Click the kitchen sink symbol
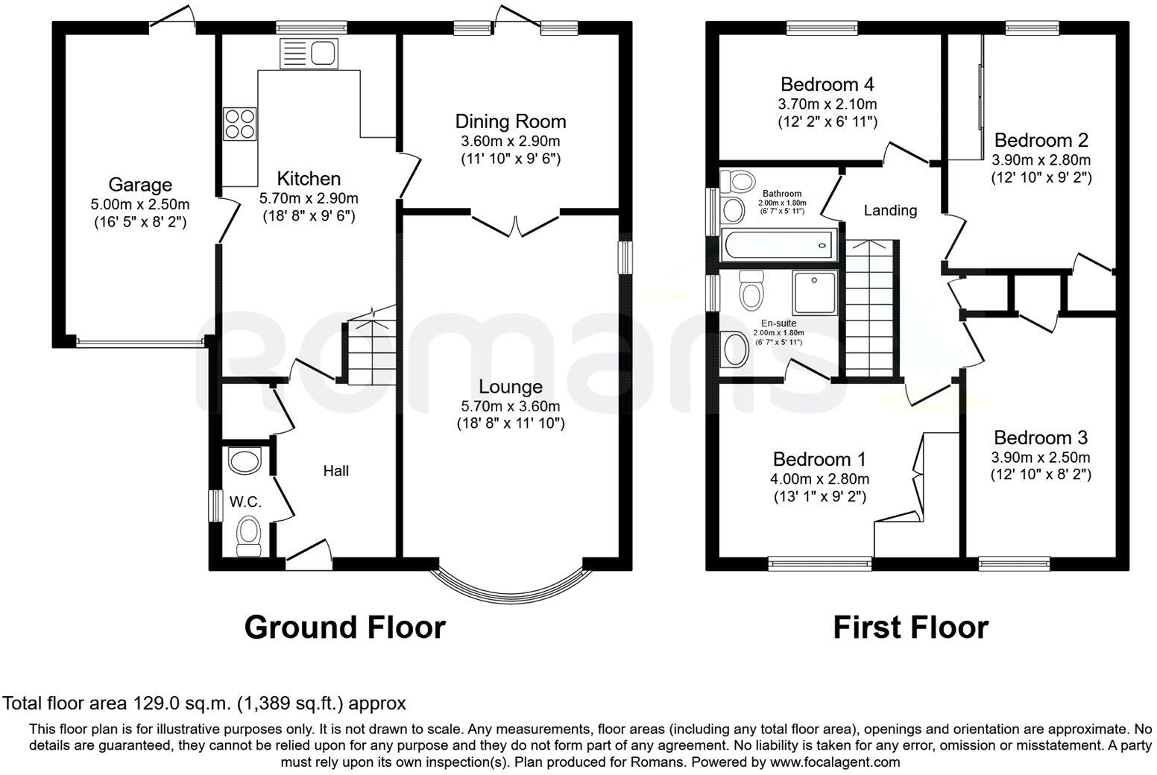[309, 54]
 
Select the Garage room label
[140, 184]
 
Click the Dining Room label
[511, 121]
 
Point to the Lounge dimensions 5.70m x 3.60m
[511, 406]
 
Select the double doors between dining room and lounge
[515, 224]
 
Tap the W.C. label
[245, 502]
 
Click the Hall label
[336, 471]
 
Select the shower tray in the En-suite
[816, 292]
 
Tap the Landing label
[890, 211]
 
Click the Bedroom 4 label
[827, 83]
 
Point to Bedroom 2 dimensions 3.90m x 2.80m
[1041, 160]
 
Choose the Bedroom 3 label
[1040, 437]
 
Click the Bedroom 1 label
[820, 459]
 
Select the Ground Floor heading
[344, 627]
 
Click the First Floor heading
[910, 627]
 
